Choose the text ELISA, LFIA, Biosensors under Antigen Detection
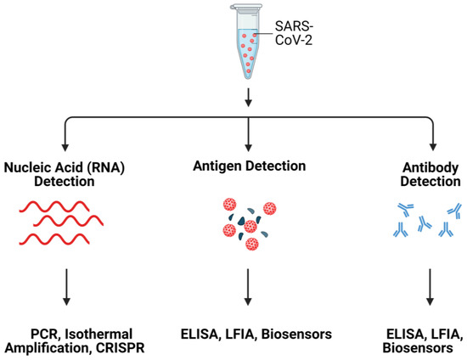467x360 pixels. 247,332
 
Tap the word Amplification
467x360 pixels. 40,347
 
